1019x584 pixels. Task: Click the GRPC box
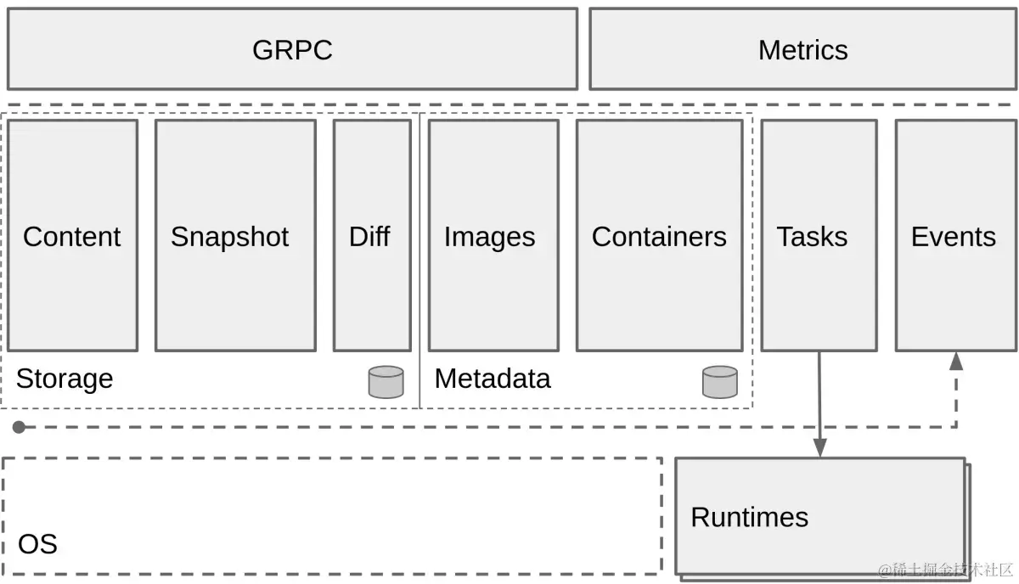click(x=292, y=49)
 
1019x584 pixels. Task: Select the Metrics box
click(x=802, y=49)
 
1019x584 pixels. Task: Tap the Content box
click(x=72, y=235)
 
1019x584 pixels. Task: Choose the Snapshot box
click(x=235, y=235)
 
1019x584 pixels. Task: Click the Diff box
click(x=371, y=235)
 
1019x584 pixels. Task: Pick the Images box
click(x=493, y=235)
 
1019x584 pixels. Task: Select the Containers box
click(x=659, y=235)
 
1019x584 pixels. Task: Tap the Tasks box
click(x=818, y=235)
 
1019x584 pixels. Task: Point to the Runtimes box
click(x=820, y=516)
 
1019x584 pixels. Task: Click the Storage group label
click(x=65, y=379)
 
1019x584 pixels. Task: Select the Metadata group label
click(x=493, y=379)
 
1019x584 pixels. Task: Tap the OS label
click(x=37, y=543)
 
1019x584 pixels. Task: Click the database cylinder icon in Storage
click(x=386, y=382)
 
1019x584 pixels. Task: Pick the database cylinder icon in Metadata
click(x=719, y=382)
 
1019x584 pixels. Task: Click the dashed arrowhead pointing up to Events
click(x=956, y=362)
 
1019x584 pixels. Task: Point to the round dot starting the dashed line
click(x=19, y=427)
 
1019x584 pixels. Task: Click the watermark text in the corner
click(x=945, y=570)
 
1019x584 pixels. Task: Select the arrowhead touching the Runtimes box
click(x=819, y=448)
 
